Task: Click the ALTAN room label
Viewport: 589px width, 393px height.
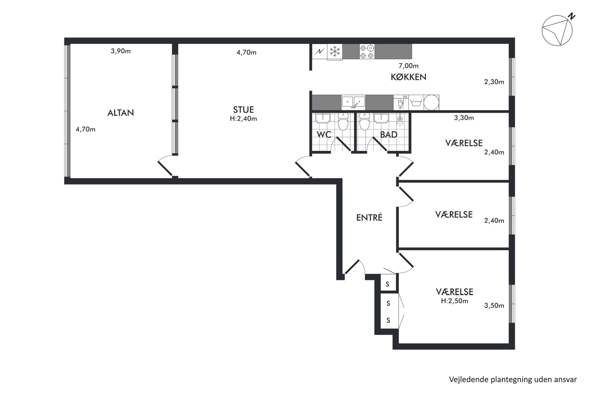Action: (x=121, y=113)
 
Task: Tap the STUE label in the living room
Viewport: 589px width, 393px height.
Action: (x=243, y=110)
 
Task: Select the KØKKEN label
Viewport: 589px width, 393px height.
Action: (x=408, y=77)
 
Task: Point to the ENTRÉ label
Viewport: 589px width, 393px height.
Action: (x=369, y=217)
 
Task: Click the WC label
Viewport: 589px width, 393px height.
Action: (x=324, y=135)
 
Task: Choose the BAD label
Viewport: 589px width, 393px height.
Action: (x=389, y=135)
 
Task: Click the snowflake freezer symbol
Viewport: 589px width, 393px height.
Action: (x=335, y=51)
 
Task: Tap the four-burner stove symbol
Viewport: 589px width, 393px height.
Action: (x=367, y=51)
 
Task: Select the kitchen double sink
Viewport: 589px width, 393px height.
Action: (x=353, y=102)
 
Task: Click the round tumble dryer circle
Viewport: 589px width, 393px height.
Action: (x=431, y=102)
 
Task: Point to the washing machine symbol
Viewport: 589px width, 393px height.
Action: (x=416, y=102)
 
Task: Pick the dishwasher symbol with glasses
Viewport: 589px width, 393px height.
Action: (x=401, y=102)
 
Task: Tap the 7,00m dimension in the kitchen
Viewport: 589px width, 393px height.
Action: (x=408, y=66)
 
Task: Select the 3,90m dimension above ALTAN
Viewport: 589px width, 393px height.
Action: (x=121, y=51)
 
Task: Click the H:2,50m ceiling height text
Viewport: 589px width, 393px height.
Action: (x=455, y=301)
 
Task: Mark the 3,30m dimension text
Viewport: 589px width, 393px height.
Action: (x=464, y=118)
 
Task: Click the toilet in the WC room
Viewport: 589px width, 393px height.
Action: (x=343, y=121)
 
